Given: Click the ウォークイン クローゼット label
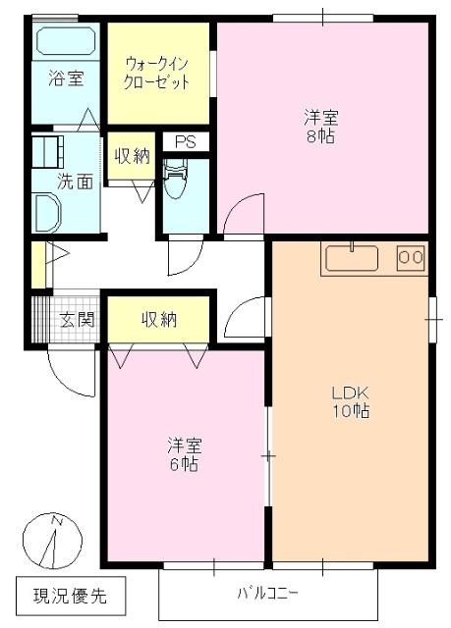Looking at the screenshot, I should [156, 72].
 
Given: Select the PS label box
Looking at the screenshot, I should [185, 142].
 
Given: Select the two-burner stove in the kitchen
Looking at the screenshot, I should [411, 257].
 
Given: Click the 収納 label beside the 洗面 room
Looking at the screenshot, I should [130, 155].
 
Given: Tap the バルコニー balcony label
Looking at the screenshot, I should [266, 593].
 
